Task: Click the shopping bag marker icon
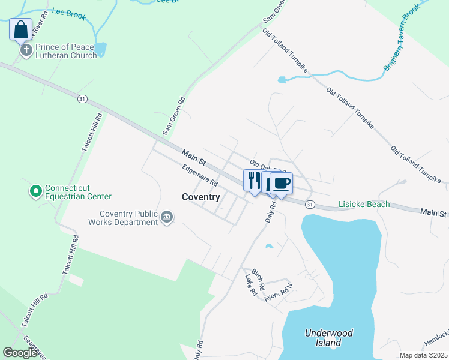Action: point(20,29)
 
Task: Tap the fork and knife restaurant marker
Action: point(253,180)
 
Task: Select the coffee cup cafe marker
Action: point(280,182)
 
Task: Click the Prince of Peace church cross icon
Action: point(26,50)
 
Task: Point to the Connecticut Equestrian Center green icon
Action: point(35,191)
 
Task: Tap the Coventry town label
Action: point(201,197)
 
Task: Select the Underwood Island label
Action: point(328,338)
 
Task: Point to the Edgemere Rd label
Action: point(200,176)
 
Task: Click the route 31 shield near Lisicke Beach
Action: point(309,205)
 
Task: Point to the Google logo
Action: point(20,353)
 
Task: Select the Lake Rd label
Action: point(250,284)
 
